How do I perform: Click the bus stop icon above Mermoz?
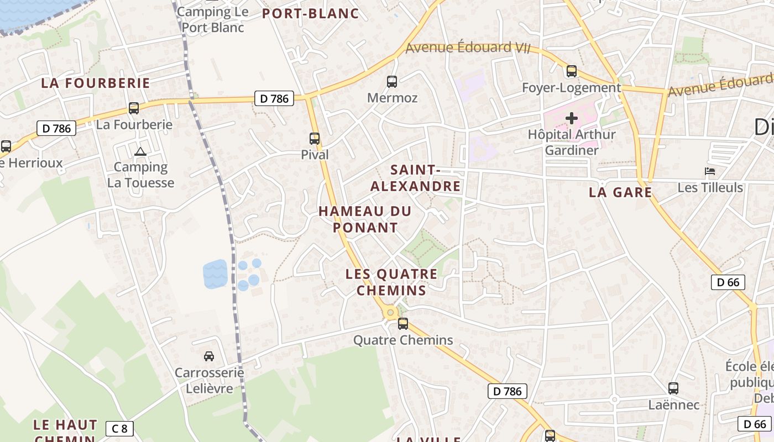(392, 82)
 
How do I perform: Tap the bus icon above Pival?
(315, 139)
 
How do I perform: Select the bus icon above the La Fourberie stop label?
(134, 108)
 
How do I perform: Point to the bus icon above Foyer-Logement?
(572, 71)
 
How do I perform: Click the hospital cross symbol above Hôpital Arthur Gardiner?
(572, 118)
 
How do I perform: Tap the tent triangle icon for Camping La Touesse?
(140, 151)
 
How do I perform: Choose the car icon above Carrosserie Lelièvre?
(209, 356)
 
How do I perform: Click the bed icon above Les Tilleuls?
(710, 171)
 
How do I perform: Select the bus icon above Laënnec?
(673, 388)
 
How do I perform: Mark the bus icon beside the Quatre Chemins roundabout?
(403, 324)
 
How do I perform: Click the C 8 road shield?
(120, 428)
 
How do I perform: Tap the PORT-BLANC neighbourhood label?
(311, 13)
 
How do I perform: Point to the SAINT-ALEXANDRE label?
(415, 178)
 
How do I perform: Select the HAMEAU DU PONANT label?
(365, 219)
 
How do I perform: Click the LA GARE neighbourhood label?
(620, 192)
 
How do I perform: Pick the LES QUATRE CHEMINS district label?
(391, 282)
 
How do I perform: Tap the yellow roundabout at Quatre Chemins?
(390, 313)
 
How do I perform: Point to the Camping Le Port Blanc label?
(213, 19)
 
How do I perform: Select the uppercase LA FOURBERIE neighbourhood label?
(96, 83)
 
